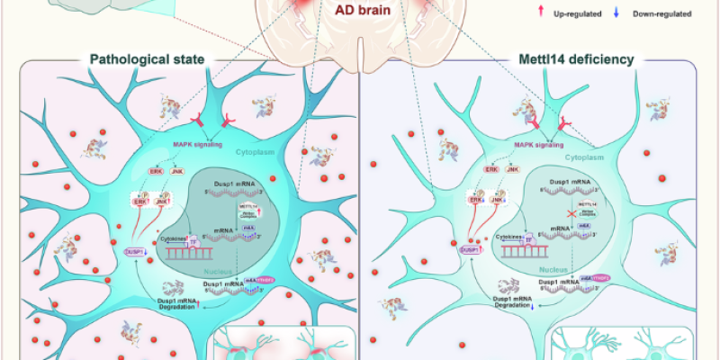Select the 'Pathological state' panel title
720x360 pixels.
tap(148, 61)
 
